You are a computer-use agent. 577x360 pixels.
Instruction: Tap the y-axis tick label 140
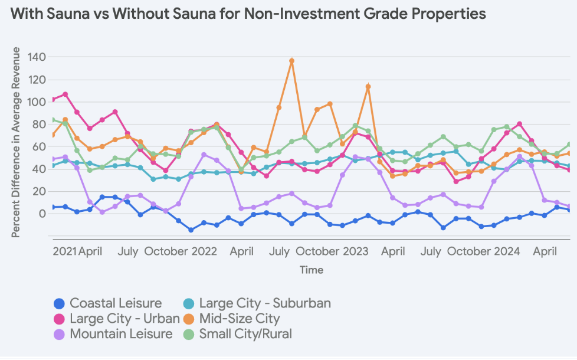point(38,57)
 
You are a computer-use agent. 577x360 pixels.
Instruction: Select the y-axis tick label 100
point(38,102)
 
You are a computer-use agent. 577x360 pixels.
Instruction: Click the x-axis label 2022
point(205,251)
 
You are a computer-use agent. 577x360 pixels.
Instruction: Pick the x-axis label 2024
point(507,251)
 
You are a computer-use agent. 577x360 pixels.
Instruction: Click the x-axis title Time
point(311,270)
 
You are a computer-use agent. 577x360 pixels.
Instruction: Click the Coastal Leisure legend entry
point(115,303)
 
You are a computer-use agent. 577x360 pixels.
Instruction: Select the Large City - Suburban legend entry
point(264,303)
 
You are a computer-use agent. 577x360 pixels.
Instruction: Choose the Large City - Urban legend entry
point(124,319)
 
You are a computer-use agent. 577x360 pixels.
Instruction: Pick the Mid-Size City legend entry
point(239,319)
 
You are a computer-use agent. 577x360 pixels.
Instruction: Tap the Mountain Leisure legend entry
point(121,334)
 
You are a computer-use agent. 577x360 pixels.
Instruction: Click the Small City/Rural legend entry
point(245,334)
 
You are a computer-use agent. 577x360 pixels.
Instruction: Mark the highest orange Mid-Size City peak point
point(291,61)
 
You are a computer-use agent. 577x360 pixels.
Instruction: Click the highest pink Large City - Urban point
point(65,94)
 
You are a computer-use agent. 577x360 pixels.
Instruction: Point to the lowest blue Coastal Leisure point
point(191,230)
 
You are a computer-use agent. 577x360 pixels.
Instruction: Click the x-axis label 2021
point(65,251)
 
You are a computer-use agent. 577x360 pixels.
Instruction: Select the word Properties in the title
point(448,14)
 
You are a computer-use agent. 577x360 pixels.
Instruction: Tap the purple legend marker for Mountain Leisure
point(58,334)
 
